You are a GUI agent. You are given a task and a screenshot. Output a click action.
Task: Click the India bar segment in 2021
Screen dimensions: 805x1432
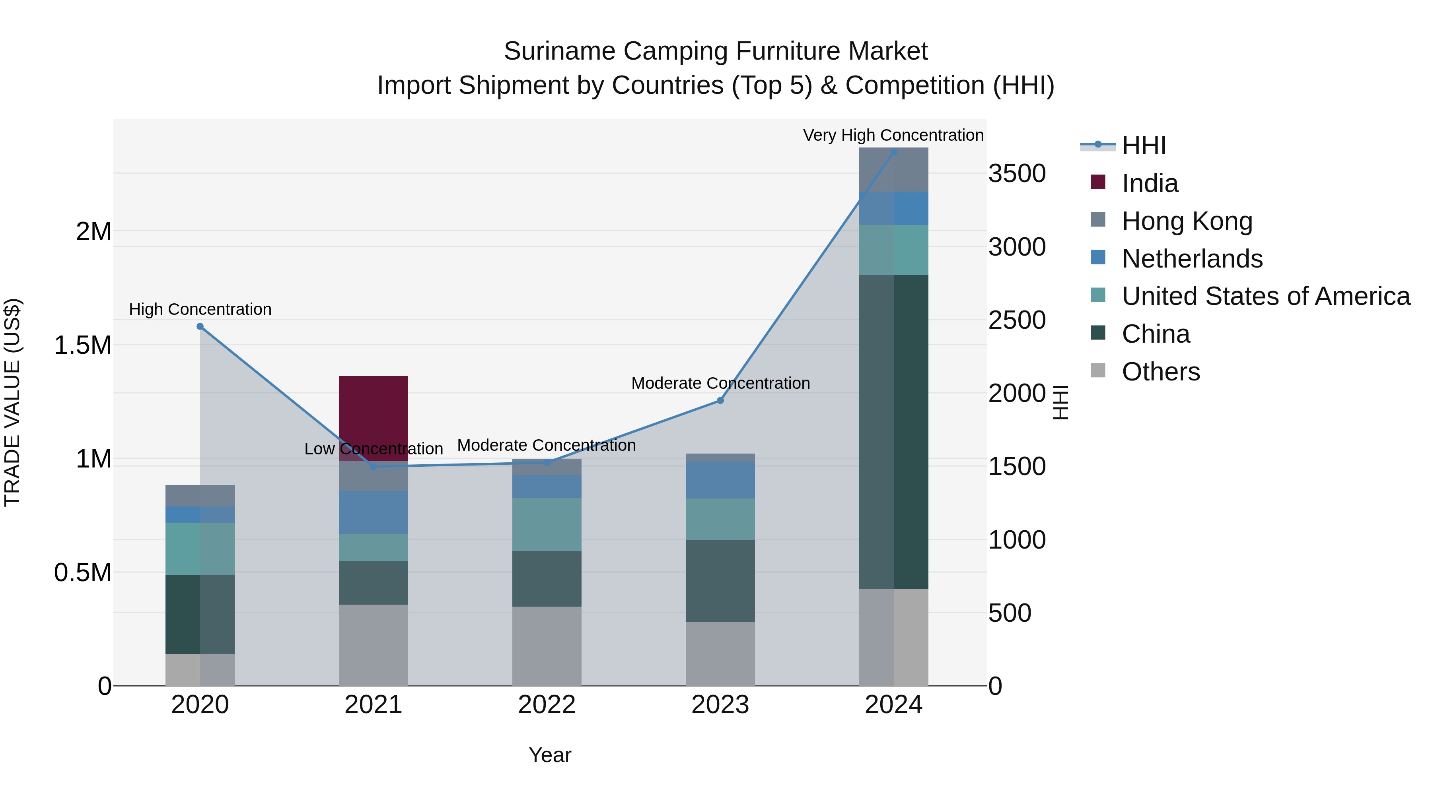point(373,418)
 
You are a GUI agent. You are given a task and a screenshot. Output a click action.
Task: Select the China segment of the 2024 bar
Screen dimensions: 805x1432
point(893,432)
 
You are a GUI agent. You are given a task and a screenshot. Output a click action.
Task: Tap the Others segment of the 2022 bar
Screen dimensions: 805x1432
point(547,646)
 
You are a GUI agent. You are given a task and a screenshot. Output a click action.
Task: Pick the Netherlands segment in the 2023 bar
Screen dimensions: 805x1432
point(720,480)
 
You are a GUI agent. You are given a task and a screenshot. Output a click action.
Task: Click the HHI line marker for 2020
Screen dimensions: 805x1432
point(200,327)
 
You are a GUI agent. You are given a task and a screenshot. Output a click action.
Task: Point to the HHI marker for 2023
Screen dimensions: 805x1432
point(720,401)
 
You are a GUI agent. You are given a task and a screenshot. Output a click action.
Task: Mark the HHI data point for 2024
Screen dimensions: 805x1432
point(893,152)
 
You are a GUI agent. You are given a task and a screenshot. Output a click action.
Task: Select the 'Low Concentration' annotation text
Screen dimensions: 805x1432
point(373,449)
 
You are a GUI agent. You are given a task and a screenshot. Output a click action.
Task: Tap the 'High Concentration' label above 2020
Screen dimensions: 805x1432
point(200,309)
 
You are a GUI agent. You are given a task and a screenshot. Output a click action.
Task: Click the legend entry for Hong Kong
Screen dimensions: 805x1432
point(1187,221)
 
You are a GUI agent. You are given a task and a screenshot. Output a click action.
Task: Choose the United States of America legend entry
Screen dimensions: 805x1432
point(1266,296)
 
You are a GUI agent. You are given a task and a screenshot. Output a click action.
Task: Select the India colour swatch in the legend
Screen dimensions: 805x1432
point(1098,182)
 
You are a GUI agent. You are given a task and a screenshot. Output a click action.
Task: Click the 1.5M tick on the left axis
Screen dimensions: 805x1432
point(83,345)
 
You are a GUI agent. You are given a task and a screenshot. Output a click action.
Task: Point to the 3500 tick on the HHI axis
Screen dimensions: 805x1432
point(1017,173)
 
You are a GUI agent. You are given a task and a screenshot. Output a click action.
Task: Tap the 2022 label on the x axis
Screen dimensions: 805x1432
point(547,705)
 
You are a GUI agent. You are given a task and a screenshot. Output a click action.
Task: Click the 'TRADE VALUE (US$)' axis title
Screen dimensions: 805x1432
point(13,402)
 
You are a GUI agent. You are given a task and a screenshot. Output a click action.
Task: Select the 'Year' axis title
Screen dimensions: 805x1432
point(550,755)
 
